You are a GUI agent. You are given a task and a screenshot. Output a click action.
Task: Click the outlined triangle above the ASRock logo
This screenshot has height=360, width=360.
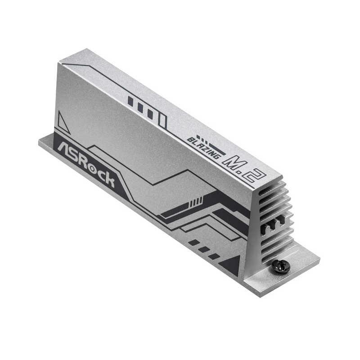coord(63,122)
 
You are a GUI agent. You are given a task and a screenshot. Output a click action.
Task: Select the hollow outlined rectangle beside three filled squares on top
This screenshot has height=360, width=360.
coord(162,120)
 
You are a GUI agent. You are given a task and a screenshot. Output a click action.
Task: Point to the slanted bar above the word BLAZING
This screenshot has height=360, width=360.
coord(218,148)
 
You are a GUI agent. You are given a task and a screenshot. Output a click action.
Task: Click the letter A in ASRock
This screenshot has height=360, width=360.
coord(60,147)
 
